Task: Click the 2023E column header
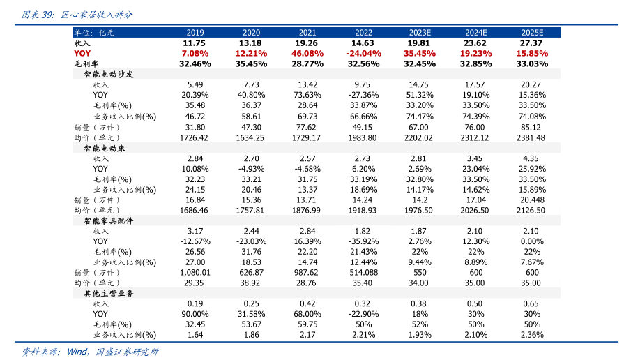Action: coord(420,33)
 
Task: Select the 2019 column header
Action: coord(195,33)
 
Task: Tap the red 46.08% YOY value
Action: coord(307,53)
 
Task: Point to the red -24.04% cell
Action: coord(363,53)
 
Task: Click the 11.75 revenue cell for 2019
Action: coord(195,43)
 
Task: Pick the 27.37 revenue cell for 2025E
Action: coord(531,43)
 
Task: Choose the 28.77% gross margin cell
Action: coord(307,63)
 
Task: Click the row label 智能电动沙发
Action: coord(108,73)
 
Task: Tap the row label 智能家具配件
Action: coord(108,220)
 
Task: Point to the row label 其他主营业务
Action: coord(108,294)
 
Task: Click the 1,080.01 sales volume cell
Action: coord(195,273)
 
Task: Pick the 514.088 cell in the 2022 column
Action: coord(363,273)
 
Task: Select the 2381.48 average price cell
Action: coord(531,138)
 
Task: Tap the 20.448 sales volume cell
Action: coord(531,200)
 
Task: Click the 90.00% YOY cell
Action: coord(195,314)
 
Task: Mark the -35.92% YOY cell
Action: coord(363,241)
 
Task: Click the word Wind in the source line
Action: coord(76,352)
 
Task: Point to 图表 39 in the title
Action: coord(37,14)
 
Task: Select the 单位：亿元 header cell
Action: coord(94,33)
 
